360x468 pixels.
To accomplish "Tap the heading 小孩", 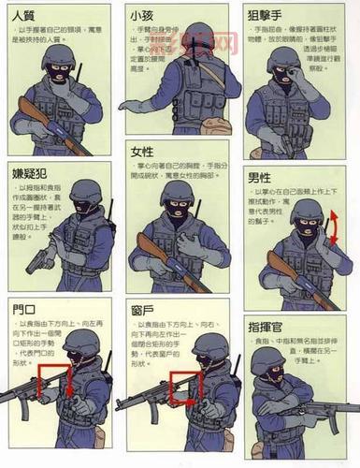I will coord(142,15).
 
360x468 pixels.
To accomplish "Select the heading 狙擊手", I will coord(266,15).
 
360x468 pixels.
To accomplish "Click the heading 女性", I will coord(142,153).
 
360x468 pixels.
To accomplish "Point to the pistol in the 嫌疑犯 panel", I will coord(41,259).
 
